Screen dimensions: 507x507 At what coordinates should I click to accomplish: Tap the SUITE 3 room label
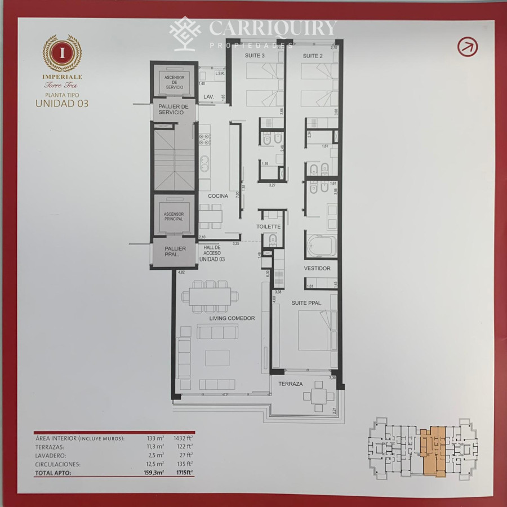pyautogui.click(x=255, y=55)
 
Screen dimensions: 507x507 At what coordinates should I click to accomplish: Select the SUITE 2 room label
pyautogui.click(x=313, y=55)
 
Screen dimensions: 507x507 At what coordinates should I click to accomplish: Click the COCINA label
pyautogui.click(x=217, y=196)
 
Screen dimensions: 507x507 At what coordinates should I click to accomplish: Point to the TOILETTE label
pyautogui.click(x=268, y=226)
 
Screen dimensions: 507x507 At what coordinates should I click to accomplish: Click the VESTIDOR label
pyautogui.click(x=317, y=268)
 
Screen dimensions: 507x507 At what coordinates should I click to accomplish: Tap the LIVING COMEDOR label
pyautogui.click(x=232, y=318)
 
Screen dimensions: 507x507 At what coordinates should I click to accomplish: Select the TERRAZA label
pyautogui.click(x=291, y=384)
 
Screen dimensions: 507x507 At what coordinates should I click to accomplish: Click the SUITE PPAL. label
pyautogui.click(x=306, y=303)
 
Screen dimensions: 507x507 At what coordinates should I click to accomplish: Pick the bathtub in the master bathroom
pyautogui.click(x=322, y=246)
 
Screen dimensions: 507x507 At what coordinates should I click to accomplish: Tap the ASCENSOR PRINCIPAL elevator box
pyautogui.click(x=174, y=216)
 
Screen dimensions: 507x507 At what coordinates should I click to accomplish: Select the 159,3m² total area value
pyautogui.click(x=154, y=474)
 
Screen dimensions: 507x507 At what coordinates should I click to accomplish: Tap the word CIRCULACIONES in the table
pyautogui.click(x=57, y=464)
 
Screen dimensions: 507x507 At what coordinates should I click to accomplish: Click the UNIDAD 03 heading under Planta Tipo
pyautogui.click(x=62, y=103)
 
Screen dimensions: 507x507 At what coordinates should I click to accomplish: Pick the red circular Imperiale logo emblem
pyautogui.click(x=63, y=53)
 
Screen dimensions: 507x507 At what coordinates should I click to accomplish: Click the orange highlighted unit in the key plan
pyautogui.click(x=433, y=451)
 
